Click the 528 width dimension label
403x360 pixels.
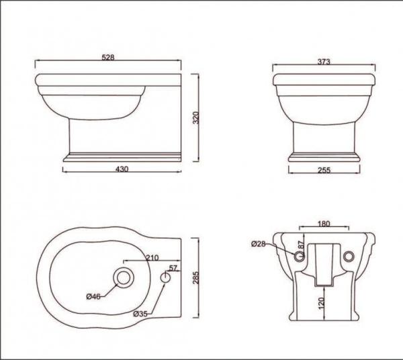108,58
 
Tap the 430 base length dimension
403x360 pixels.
122,170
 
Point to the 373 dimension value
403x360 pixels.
323,61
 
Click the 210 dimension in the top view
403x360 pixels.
151,256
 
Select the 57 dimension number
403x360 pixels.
173,268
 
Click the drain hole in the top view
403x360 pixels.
123,277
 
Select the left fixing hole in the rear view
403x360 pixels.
298,257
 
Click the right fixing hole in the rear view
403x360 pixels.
348,257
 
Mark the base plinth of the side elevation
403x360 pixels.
121,159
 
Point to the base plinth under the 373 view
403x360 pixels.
323,159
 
